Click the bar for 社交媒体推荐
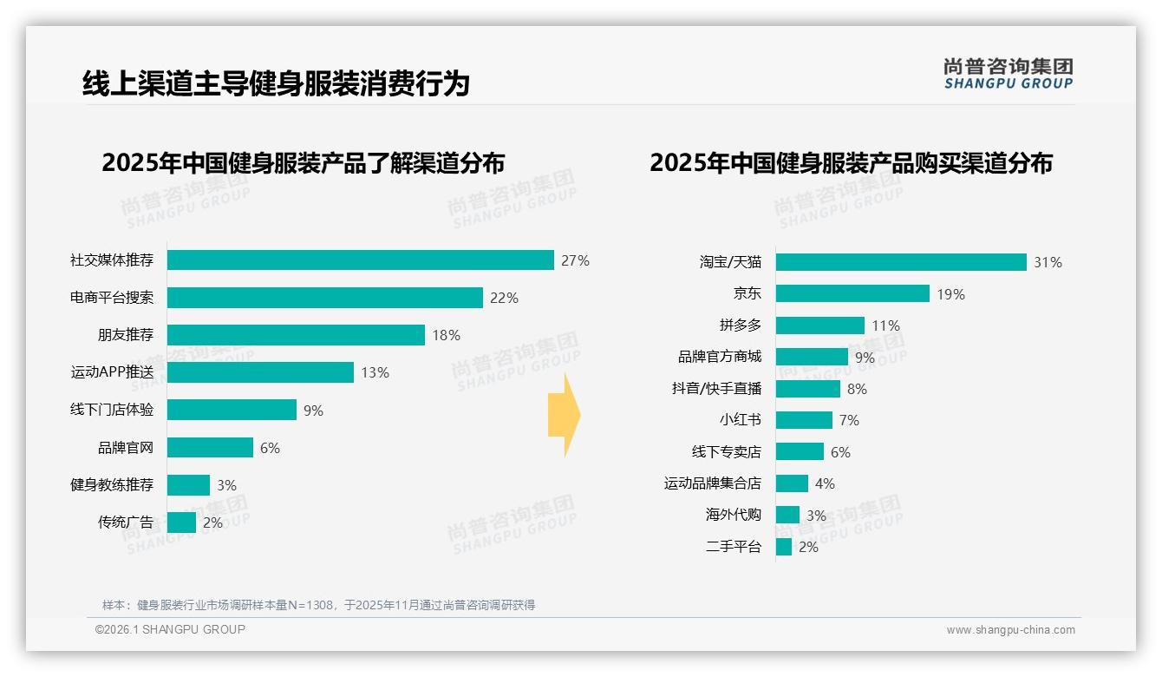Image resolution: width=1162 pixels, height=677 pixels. [x=360, y=260]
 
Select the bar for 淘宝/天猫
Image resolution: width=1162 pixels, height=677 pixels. [x=900, y=262]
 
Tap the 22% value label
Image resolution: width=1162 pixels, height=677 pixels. [x=504, y=298]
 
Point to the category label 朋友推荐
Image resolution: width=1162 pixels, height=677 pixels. [x=125, y=335]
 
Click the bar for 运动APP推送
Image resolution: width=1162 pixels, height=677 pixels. [x=260, y=372]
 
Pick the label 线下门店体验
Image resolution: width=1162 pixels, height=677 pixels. [x=112, y=410]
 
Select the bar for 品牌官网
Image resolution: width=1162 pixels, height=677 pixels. [x=210, y=447]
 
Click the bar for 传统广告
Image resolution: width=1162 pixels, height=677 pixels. [x=181, y=522]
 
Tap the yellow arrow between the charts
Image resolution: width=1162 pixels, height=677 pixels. [x=565, y=415]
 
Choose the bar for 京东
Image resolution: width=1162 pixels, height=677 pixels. [x=852, y=293]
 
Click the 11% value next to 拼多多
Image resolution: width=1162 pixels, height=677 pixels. [x=885, y=325]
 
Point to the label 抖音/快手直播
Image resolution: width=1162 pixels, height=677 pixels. [x=716, y=389]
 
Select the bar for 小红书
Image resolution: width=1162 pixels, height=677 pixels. [x=803, y=420]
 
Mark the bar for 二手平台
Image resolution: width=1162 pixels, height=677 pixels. [x=783, y=547]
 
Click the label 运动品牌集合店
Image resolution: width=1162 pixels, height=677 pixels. [x=712, y=483]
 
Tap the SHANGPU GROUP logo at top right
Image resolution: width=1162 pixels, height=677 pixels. [x=1008, y=74]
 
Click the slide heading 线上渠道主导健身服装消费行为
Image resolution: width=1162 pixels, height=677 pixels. [x=276, y=84]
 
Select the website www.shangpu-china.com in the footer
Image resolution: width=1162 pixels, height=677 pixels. [x=1010, y=630]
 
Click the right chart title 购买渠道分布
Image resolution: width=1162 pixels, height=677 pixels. [x=851, y=163]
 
